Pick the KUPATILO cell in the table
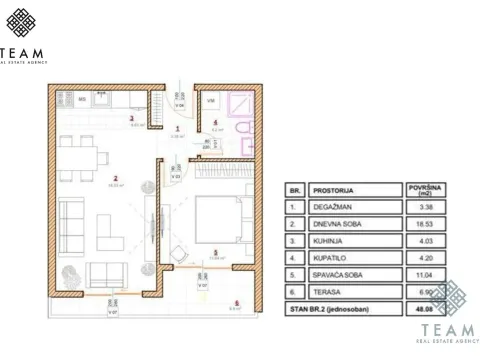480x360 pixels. click(x=328, y=256)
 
